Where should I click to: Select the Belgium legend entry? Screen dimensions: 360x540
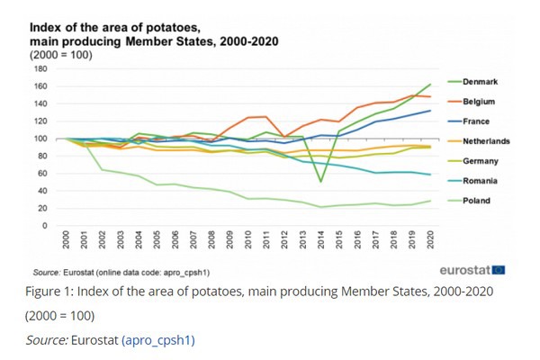coord(478,102)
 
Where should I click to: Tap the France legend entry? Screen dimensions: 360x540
coord(476,121)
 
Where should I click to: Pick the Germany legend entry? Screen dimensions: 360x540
coord(479,160)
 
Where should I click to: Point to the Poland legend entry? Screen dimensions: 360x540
coord(477,200)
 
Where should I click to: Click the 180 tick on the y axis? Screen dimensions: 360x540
coord(40,69)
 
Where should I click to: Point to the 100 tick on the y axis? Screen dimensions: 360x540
coord(40,139)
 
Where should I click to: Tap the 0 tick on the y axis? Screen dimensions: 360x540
coord(44,225)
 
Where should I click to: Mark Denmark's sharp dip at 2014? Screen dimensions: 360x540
coord(321,182)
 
